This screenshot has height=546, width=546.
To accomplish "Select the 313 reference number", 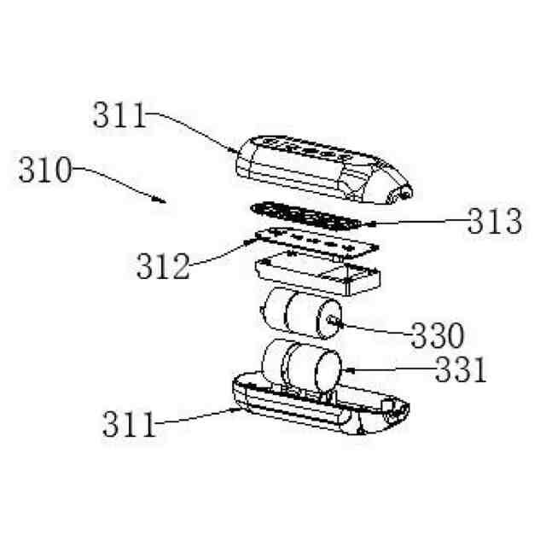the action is (x=492, y=224).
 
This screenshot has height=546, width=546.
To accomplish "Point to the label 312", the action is (x=162, y=268).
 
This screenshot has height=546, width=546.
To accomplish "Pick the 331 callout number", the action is (x=461, y=371).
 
